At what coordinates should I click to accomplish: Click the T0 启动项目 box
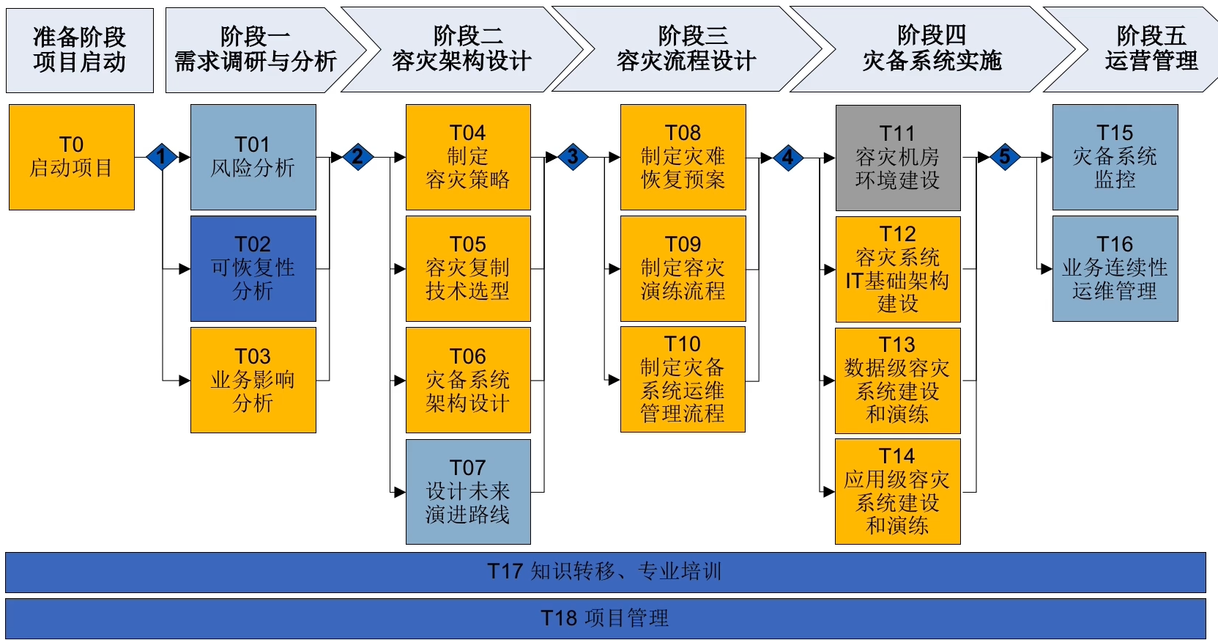72,157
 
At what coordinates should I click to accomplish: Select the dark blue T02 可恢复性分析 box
253,268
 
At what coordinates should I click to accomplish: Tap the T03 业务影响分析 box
253,380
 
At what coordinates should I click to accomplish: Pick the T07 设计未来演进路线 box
468,491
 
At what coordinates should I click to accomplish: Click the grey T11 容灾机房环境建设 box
898,158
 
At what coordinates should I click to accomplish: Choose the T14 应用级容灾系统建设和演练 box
898,491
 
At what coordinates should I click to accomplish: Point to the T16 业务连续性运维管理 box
1115,268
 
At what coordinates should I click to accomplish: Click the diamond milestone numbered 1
161,157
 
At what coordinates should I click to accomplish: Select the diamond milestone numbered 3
573,157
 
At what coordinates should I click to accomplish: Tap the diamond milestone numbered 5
1005,157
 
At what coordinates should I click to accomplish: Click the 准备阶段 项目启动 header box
80,50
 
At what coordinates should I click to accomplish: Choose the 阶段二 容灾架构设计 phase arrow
461,50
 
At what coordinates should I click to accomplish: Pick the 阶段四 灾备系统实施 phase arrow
932,50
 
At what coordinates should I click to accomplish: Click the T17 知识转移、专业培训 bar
605,572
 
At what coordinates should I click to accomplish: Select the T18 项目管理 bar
605,618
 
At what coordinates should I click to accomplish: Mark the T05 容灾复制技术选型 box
468,268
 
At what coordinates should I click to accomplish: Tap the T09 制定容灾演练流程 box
683,268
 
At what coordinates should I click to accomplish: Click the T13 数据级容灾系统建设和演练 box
898,380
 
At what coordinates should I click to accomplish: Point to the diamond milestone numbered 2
357,157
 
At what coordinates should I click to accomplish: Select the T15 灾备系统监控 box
1115,157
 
